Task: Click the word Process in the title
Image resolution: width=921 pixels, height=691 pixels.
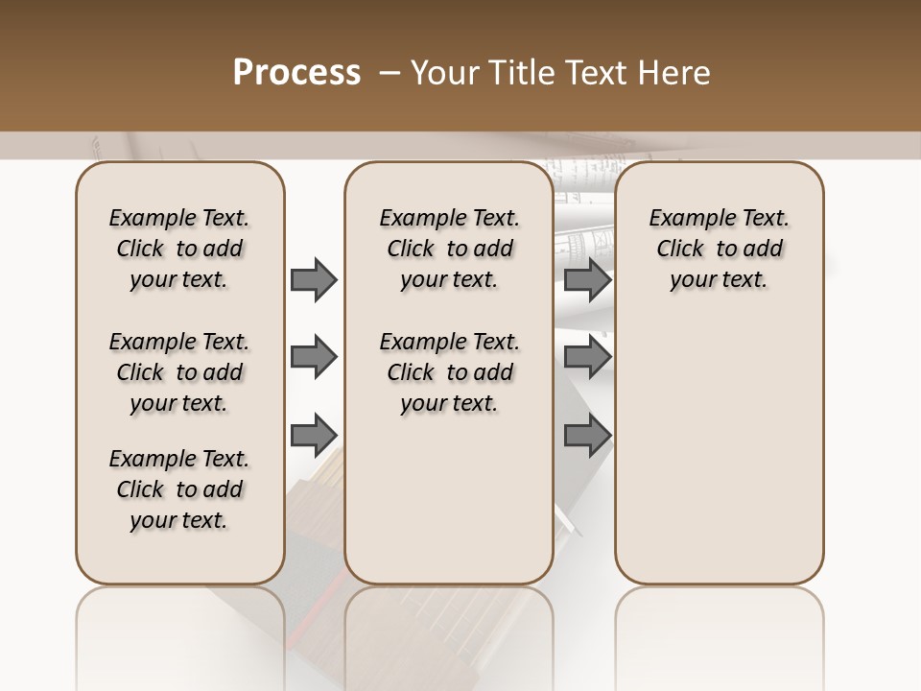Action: click(296, 73)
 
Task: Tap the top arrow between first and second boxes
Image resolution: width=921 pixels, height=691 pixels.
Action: click(314, 280)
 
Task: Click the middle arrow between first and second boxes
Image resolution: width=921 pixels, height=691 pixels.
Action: click(314, 358)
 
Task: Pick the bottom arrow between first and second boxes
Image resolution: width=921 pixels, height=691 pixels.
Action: click(314, 436)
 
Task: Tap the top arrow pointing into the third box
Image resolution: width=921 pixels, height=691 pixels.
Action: click(587, 280)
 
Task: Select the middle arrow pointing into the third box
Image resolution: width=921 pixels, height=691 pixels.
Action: click(587, 358)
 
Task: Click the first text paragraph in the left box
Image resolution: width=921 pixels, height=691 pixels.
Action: click(179, 249)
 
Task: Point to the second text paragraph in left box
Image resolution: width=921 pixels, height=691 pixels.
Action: click(179, 372)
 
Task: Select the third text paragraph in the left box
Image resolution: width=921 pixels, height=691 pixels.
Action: click(179, 489)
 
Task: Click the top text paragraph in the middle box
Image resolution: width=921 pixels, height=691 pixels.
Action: click(449, 249)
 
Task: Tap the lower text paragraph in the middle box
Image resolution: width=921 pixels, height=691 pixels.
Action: click(449, 372)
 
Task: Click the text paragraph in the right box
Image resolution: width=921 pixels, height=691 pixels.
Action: click(719, 249)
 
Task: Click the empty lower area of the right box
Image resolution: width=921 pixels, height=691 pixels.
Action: click(719, 451)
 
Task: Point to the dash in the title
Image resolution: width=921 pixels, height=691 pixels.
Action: click(390, 74)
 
